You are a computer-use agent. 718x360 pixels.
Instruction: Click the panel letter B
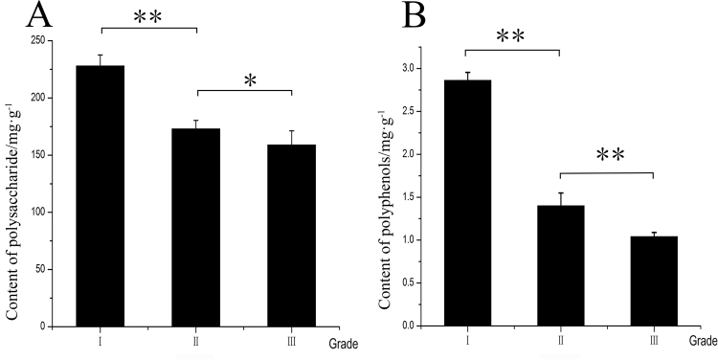pyautogui.click(x=387, y=16)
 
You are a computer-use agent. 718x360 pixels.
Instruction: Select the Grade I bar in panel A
pyautogui.click(x=101, y=196)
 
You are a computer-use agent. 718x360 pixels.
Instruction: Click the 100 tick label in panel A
pyautogui.click(x=37, y=213)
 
